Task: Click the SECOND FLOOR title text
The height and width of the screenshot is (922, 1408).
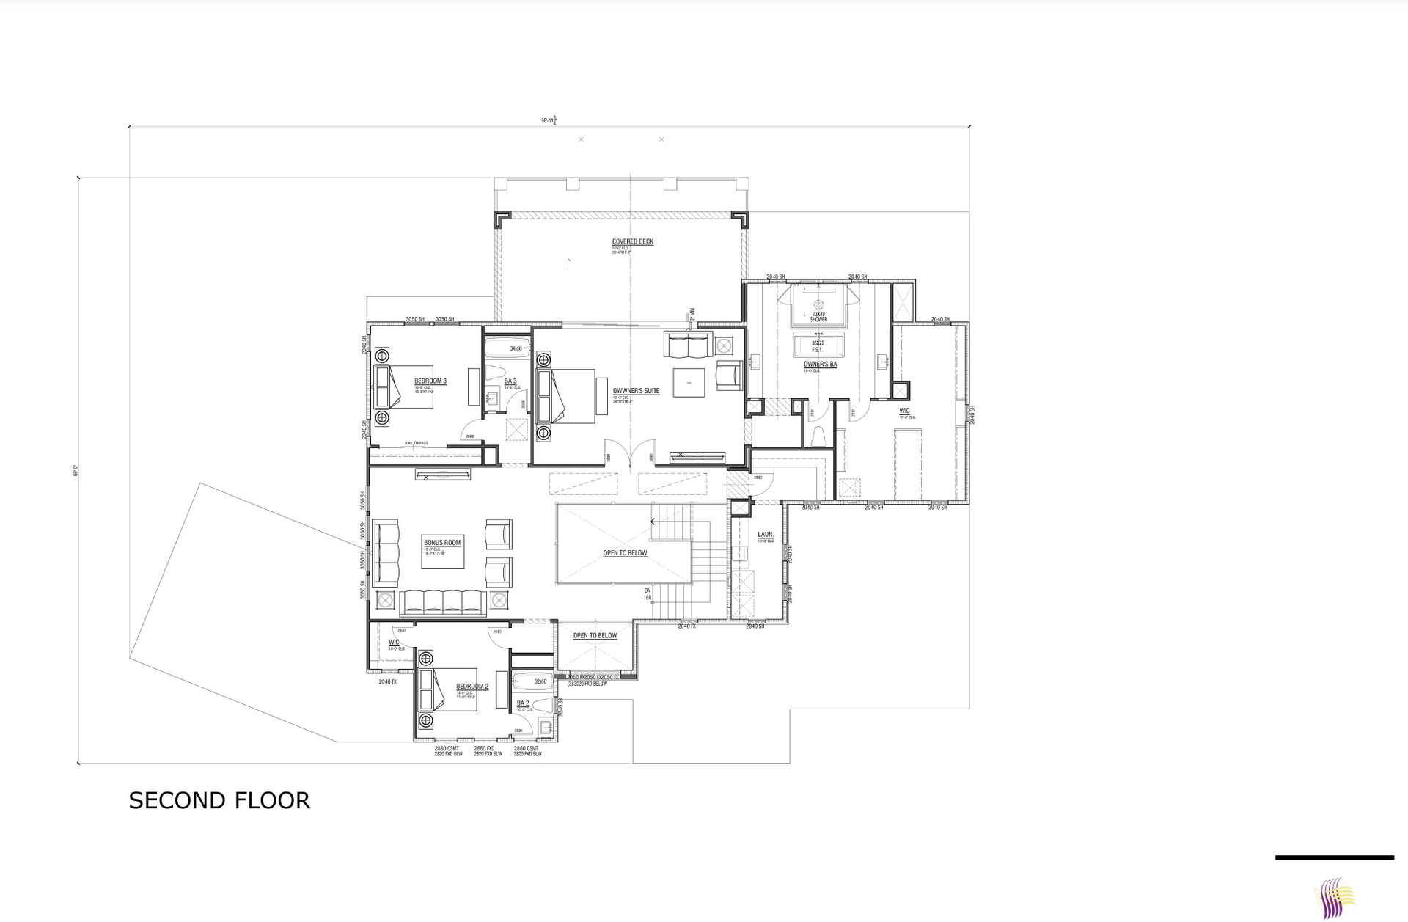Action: click(219, 800)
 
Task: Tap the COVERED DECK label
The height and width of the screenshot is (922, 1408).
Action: click(632, 241)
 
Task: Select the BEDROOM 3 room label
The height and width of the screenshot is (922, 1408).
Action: click(430, 381)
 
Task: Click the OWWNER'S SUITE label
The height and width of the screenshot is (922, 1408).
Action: click(636, 391)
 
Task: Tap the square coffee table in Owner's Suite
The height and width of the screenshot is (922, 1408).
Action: click(689, 382)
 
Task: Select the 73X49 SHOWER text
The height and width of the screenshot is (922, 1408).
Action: click(818, 316)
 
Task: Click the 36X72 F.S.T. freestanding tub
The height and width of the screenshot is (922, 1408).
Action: click(818, 345)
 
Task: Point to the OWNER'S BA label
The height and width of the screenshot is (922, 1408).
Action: click(820, 364)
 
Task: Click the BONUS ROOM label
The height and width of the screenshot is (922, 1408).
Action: click(442, 543)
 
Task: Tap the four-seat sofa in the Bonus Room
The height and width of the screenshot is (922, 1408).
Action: click(441, 601)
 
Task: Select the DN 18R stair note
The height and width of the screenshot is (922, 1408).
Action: click(648, 594)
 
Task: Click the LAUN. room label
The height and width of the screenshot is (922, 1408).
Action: click(765, 535)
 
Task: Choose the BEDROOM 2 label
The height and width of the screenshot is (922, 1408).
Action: click(472, 687)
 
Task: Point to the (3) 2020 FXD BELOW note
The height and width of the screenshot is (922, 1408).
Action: click(587, 684)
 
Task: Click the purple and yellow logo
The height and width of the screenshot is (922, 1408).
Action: click(1334, 896)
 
